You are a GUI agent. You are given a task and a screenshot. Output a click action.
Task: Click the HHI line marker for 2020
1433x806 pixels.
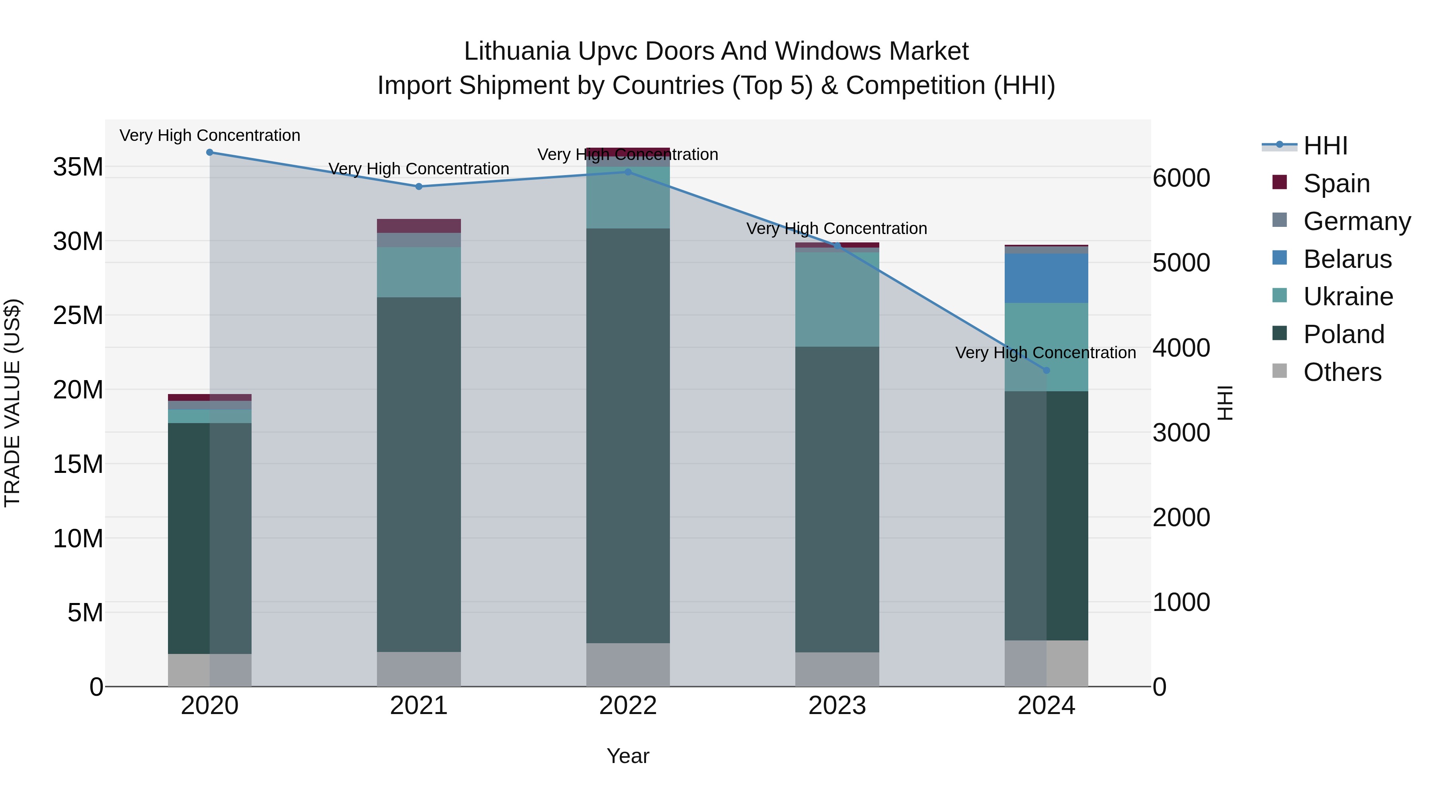(210, 152)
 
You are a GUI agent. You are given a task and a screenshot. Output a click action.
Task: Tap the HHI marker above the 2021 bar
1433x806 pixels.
(419, 186)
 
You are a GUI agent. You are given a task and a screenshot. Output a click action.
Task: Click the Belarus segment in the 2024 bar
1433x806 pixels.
(1046, 278)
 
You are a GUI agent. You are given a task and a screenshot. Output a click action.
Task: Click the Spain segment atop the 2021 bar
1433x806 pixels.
(419, 226)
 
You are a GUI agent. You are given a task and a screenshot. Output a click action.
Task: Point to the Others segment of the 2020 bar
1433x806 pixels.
(210, 670)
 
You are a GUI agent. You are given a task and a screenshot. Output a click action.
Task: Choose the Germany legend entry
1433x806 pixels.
(1356, 221)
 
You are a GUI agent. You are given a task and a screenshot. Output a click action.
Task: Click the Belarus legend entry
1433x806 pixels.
(1347, 259)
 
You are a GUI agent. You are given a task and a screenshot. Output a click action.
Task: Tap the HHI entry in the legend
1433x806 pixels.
(1324, 146)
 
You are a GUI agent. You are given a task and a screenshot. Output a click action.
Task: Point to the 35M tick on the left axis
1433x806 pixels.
(78, 167)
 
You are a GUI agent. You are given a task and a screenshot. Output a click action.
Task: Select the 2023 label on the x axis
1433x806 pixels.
(837, 706)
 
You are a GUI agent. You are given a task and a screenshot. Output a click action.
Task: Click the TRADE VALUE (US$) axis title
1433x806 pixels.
(12, 403)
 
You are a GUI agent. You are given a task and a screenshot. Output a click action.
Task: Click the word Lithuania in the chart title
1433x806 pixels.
(517, 51)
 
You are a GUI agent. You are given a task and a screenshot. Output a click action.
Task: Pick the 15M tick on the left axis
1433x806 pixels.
(78, 464)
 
